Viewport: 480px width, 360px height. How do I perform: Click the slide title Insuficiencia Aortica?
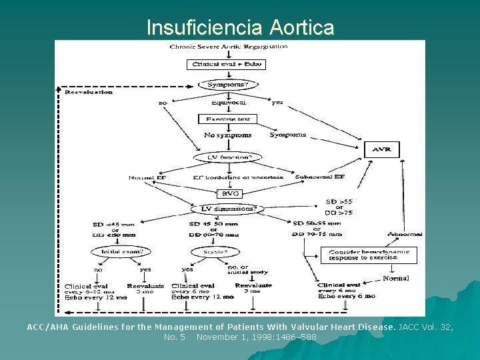[x=240, y=27]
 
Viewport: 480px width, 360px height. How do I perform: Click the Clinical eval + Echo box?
[x=225, y=65]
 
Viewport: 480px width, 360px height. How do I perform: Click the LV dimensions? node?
[x=227, y=209]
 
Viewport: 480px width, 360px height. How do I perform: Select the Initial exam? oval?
[x=121, y=251]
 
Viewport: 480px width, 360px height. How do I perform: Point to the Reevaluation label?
[x=89, y=93]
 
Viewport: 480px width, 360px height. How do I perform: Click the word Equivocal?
[x=228, y=103]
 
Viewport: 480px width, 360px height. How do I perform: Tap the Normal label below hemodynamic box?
[x=396, y=278]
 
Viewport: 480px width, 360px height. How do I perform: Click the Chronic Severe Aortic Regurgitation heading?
[x=229, y=47]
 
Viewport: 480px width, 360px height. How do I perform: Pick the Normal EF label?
[x=147, y=177]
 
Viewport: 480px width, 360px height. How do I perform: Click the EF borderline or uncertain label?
[x=237, y=177]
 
